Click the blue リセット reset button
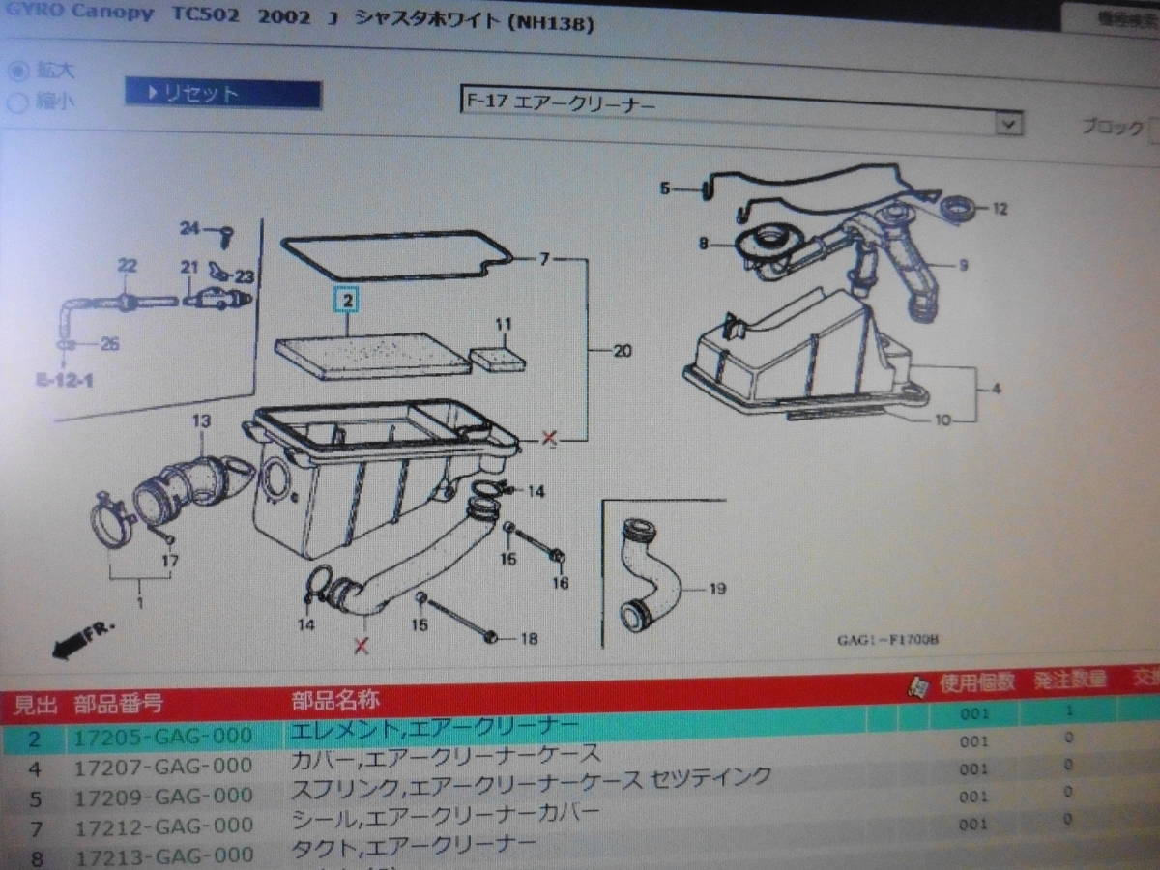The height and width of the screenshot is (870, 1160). (222, 94)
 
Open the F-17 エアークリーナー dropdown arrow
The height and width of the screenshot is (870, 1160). (1008, 124)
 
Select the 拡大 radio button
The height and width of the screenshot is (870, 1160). (17, 71)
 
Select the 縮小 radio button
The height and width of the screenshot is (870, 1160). (17, 101)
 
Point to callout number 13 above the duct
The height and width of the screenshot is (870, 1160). (200, 420)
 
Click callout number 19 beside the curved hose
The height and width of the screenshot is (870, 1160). (716, 588)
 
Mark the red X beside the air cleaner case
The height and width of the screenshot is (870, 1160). (550, 439)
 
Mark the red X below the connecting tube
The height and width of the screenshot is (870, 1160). (362, 646)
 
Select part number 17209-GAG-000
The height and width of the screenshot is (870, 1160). (163, 796)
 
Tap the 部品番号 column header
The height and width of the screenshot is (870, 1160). (118, 703)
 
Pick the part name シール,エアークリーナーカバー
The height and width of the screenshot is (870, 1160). (446, 813)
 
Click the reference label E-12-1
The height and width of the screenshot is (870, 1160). (66, 380)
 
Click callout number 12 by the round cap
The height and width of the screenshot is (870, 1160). (1000, 208)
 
